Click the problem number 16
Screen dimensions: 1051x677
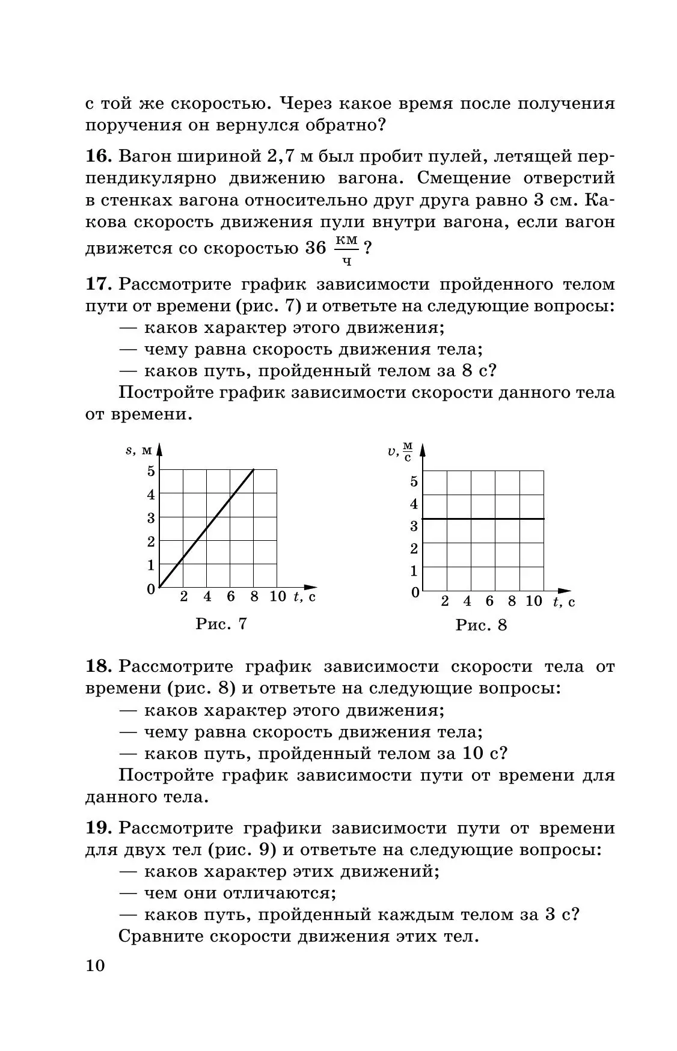(x=98, y=157)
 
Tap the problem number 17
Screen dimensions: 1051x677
(x=98, y=284)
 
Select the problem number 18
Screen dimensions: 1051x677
(x=98, y=666)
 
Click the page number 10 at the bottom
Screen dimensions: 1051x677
(x=95, y=965)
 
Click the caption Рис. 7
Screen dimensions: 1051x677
(x=221, y=624)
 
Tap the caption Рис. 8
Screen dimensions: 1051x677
(x=481, y=625)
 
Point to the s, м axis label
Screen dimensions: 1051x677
(x=139, y=450)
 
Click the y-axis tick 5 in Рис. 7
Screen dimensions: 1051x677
(x=151, y=471)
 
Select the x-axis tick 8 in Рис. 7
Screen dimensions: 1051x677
(x=254, y=596)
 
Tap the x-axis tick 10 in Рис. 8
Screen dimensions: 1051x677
(x=533, y=601)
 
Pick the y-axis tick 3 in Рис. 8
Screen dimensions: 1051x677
(x=414, y=526)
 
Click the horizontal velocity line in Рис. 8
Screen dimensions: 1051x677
(x=483, y=518)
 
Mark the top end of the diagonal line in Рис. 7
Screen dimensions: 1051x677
(x=253, y=470)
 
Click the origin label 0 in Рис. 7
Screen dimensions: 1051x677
(x=151, y=589)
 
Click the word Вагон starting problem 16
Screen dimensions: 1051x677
(x=144, y=157)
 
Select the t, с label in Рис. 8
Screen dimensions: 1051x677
(x=563, y=601)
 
